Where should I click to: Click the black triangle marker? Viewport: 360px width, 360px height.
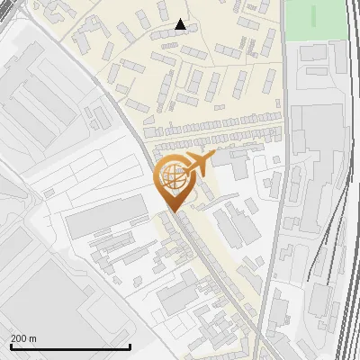click(x=181, y=24)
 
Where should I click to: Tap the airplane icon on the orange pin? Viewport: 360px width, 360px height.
click(x=196, y=165)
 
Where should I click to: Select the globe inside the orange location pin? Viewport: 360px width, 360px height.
click(x=171, y=173)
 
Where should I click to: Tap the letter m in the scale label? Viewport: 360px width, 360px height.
click(x=34, y=338)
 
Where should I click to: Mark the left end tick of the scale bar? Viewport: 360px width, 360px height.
click(x=10, y=346)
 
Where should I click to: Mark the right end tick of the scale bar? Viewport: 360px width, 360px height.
click(x=130, y=346)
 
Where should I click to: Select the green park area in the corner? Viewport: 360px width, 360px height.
click(x=315, y=18)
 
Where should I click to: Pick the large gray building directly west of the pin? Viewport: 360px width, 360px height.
click(x=105, y=213)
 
